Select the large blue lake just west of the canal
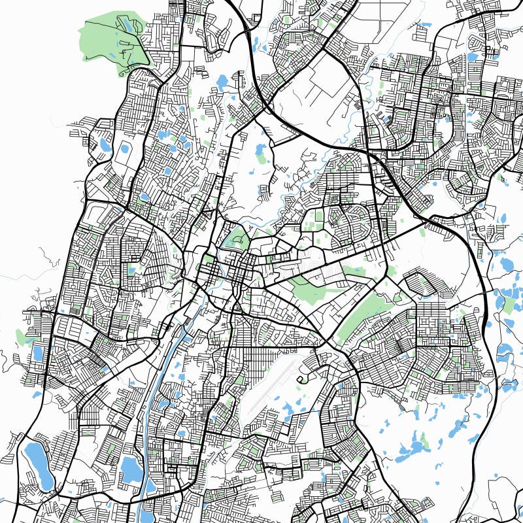[131, 468]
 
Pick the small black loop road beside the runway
[303, 379]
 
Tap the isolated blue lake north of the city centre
[222, 82]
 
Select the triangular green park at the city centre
[234, 237]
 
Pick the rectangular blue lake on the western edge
[38, 353]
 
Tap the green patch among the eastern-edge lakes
[509, 304]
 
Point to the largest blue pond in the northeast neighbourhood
[472, 58]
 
